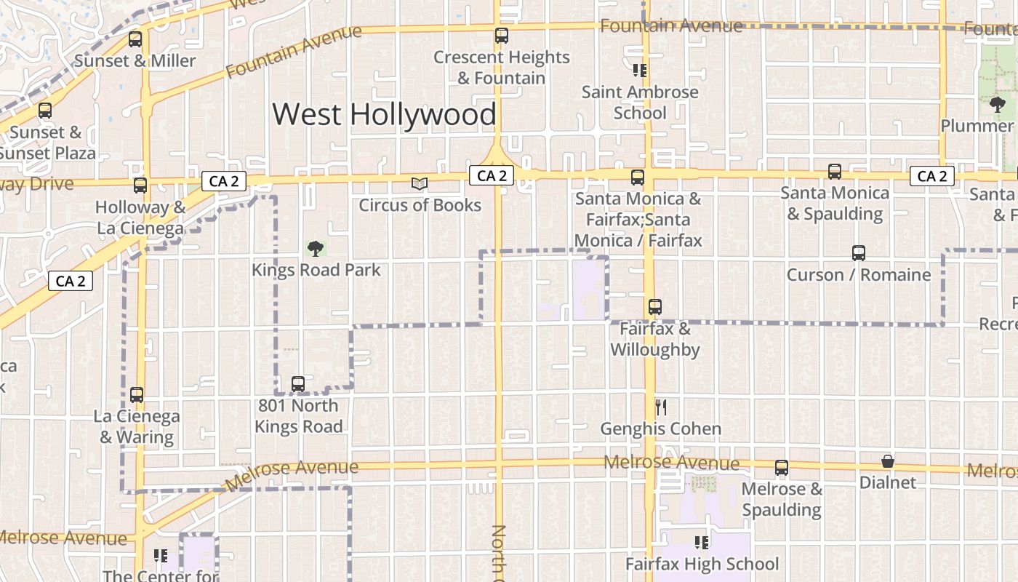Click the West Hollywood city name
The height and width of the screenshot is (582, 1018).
click(384, 115)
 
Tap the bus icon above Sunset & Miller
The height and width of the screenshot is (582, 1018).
click(135, 39)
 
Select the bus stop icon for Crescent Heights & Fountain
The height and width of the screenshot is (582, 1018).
click(501, 35)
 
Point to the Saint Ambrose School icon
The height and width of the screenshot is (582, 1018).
click(640, 71)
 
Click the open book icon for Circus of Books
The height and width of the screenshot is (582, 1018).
click(420, 183)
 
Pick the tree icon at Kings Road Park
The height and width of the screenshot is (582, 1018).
click(315, 249)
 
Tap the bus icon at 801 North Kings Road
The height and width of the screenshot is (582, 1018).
click(297, 383)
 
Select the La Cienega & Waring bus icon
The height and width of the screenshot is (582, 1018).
click(137, 395)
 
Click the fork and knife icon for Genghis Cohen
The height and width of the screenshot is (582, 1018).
click(660, 407)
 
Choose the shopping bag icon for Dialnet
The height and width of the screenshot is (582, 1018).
click(887, 461)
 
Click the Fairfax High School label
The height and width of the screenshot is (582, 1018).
click(702, 564)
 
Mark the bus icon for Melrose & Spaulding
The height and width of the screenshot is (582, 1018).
click(782, 468)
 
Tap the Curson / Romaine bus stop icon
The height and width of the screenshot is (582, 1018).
click(859, 253)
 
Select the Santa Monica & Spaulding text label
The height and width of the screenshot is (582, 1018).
click(834, 204)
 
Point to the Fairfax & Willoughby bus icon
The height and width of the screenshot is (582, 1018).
click(655, 307)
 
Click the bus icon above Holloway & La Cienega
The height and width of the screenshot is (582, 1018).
click(140, 186)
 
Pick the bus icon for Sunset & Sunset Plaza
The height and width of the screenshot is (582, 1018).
click(45, 111)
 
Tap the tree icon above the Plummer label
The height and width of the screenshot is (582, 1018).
click(998, 105)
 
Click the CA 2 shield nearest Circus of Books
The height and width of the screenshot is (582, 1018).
click(492, 175)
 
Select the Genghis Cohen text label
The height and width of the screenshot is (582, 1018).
click(660, 429)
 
